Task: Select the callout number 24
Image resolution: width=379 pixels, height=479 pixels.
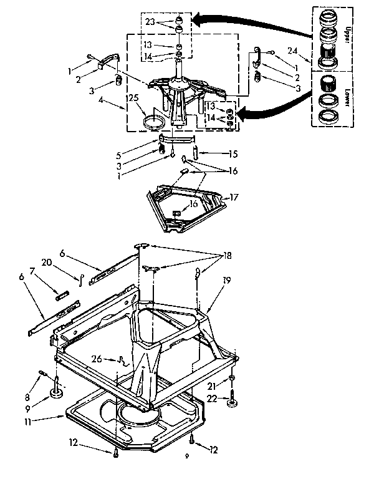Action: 292,50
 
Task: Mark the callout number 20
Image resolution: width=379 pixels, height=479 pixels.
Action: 62,263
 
